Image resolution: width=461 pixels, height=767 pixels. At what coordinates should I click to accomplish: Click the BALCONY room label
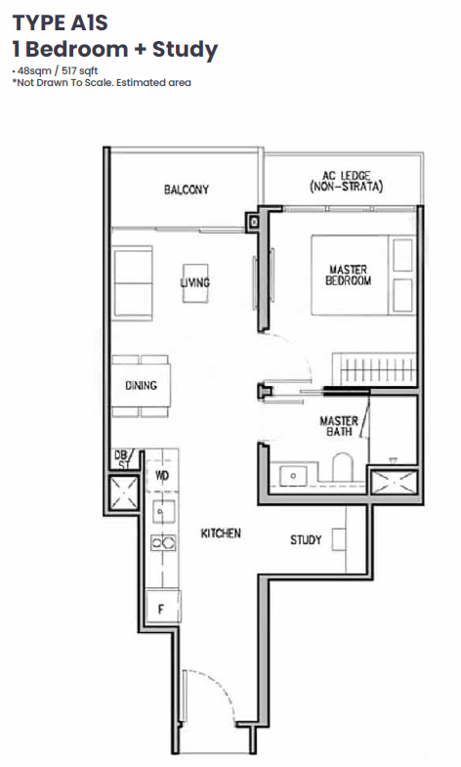[x=187, y=190]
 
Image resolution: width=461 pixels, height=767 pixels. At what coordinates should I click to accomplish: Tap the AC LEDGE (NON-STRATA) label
[x=346, y=181]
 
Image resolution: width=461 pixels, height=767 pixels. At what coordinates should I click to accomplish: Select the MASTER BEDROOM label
[x=348, y=275]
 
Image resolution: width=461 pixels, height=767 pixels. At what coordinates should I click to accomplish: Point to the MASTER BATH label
[x=339, y=426]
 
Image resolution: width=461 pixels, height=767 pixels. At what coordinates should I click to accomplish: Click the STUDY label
[x=306, y=539]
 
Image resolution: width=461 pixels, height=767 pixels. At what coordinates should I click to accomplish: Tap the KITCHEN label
[x=221, y=533]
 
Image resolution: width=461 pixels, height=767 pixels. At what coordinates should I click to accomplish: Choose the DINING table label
[x=142, y=386]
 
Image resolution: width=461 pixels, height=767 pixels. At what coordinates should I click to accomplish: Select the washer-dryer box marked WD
[x=162, y=475]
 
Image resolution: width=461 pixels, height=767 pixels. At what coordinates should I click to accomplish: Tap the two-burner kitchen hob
[x=163, y=542]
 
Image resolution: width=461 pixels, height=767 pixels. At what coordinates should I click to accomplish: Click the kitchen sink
[x=163, y=512]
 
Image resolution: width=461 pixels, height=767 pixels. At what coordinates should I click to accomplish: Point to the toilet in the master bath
[x=342, y=467]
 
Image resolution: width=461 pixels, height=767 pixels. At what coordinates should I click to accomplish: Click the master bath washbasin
[x=293, y=476]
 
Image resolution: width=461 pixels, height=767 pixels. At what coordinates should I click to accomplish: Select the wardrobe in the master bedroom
[x=374, y=368]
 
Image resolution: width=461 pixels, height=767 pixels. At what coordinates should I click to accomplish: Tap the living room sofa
[x=133, y=282]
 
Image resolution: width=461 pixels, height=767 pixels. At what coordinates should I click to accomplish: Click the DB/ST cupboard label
[x=121, y=460]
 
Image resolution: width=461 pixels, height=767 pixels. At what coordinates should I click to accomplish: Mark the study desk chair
[x=339, y=539]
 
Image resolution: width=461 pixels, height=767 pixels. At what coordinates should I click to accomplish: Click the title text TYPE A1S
[x=61, y=23]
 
